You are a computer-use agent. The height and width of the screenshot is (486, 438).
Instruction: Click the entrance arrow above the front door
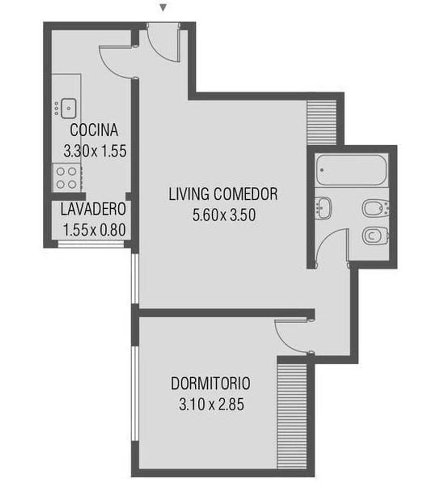[164, 8]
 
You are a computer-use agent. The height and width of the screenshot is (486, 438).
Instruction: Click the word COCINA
[94, 130]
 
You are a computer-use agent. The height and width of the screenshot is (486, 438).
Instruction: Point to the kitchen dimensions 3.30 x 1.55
[95, 151]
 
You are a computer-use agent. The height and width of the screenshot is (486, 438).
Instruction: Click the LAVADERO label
[93, 209]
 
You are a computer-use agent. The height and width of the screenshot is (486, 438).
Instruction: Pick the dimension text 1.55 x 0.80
[94, 231]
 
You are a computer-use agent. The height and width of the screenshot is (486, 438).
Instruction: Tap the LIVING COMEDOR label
[223, 194]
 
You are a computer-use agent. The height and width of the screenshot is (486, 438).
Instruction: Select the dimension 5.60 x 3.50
[224, 215]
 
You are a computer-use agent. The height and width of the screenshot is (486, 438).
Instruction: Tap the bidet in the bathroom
[375, 208]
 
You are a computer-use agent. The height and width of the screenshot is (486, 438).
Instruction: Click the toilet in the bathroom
[375, 235]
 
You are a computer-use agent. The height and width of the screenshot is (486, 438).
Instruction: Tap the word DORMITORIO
[210, 384]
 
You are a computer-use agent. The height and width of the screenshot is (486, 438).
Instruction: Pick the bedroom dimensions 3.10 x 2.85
[211, 405]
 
